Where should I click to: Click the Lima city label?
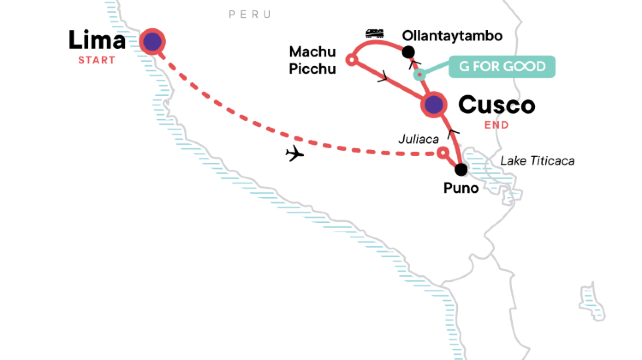[x=98, y=41]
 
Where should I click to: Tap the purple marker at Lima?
[x=153, y=41]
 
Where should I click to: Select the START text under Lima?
[x=98, y=61]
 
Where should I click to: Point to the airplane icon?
[x=294, y=153]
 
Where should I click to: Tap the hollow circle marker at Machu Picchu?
[x=351, y=60]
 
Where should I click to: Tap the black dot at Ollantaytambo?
[x=408, y=52]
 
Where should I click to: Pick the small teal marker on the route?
[x=420, y=75]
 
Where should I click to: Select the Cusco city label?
[x=496, y=105]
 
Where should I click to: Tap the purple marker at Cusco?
[x=433, y=104]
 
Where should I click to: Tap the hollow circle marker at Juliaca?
[x=443, y=153]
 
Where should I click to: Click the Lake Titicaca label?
[x=538, y=162]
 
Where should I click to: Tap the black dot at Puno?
[x=461, y=169]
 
